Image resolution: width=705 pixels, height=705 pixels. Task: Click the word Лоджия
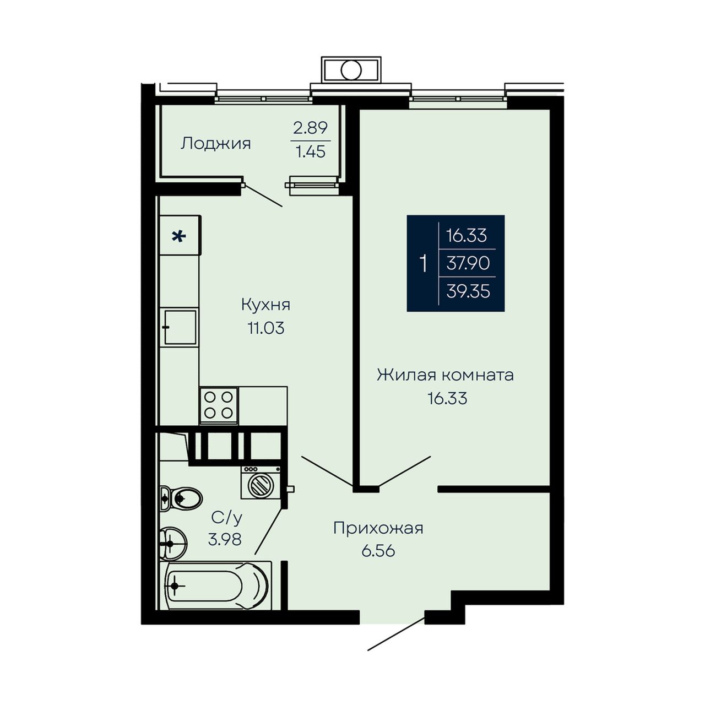pyautogui.click(x=215, y=143)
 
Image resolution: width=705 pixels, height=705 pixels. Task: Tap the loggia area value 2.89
pyautogui.click(x=310, y=128)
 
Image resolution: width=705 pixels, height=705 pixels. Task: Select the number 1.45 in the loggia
pyautogui.click(x=310, y=151)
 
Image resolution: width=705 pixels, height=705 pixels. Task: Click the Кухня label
pyautogui.click(x=265, y=305)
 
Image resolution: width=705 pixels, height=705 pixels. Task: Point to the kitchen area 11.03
pyautogui.click(x=266, y=328)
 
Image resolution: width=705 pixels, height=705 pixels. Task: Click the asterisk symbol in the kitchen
pyautogui.click(x=179, y=237)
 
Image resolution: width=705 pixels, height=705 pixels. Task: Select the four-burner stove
pyautogui.click(x=219, y=406)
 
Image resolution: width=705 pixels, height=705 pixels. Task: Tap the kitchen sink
pyautogui.click(x=180, y=327)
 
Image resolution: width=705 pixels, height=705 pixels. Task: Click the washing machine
pyautogui.click(x=261, y=482)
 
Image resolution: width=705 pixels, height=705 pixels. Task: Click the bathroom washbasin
pyautogui.click(x=173, y=544)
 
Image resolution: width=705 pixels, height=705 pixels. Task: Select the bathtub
pyautogui.click(x=215, y=585)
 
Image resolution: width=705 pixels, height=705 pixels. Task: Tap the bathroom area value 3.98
pyautogui.click(x=225, y=539)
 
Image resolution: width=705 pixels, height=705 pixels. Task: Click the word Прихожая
pyautogui.click(x=378, y=528)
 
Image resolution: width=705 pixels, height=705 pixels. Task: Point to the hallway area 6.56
pyautogui.click(x=378, y=551)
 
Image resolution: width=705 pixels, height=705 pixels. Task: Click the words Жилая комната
pyautogui.click(x=445, y=375)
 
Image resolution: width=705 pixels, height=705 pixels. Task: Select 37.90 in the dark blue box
pyautogui.click(x=468, y=263)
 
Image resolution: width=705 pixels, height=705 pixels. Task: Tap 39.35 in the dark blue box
pyautogui.click(x=468, y=291)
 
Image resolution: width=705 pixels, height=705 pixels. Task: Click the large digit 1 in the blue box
pyautogui.click(x=424, y=264)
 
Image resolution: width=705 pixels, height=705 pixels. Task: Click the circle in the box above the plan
pyautogui.click(x=351, y=69)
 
